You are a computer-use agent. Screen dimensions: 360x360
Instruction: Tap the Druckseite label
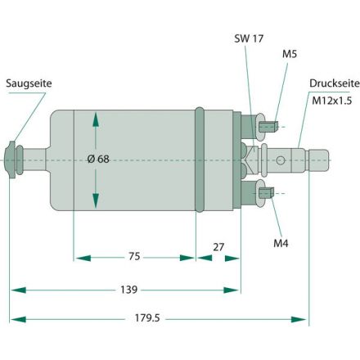332,83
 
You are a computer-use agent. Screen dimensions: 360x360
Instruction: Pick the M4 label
281,243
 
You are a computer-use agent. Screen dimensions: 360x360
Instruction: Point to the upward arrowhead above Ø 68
96,120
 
